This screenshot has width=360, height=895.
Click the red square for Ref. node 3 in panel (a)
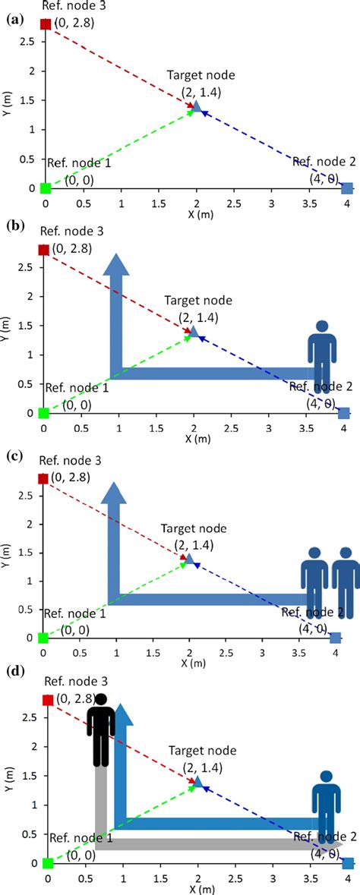tap(46, 24)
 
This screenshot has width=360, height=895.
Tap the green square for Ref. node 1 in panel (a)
tap(46, 188)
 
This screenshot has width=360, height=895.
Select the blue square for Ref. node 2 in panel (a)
tap(347, 188)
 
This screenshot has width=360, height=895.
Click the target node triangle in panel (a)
tap(197, 107)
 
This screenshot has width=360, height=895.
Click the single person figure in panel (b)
tap(322, 355)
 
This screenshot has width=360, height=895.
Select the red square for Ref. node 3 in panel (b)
tap(44, 250)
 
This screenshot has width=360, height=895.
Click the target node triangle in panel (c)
tap(189, 559)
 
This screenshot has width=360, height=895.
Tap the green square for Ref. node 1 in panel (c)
tap(43, 638)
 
